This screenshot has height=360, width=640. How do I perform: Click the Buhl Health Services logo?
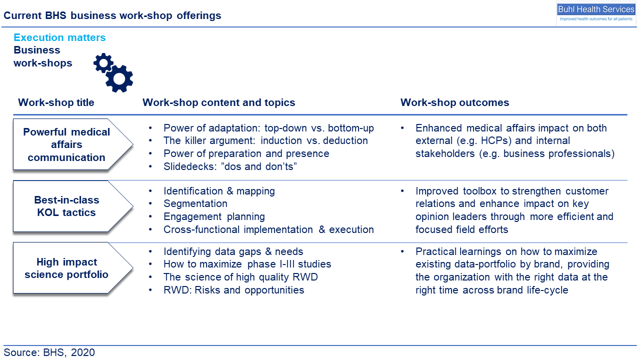(x=596, y=13)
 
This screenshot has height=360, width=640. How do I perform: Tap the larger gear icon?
(x=119, y=79)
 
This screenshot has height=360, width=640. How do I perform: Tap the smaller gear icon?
(x=103, y=63)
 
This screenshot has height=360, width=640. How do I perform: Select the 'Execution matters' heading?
(x=59, y=37)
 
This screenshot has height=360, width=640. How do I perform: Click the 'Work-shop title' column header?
(x=56, y=102)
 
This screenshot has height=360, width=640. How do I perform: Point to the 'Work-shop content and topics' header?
(x=219, y=102)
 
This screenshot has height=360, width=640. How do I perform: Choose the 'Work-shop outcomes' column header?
(x=454, y=102)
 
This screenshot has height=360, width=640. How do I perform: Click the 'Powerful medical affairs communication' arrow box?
(x=73, y=144)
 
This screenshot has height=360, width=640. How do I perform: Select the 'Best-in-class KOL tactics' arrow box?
(x=73, y=206)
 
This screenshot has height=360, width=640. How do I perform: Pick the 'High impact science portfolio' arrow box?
(x=73, y=268)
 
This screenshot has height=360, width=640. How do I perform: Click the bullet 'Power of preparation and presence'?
(x=246, y=153)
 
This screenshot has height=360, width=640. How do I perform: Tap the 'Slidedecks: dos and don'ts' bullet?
(x=230, y=166)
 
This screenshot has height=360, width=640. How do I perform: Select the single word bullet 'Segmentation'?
(x=195, y=203)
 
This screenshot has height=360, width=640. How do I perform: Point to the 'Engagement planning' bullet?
(x=214, y=216)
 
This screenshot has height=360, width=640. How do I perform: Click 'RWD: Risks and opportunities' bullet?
(x=233, y=290)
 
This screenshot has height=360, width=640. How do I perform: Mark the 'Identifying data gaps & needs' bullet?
(x=233, y=251)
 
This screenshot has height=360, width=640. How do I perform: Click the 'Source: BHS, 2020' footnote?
(x=49, y=352)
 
